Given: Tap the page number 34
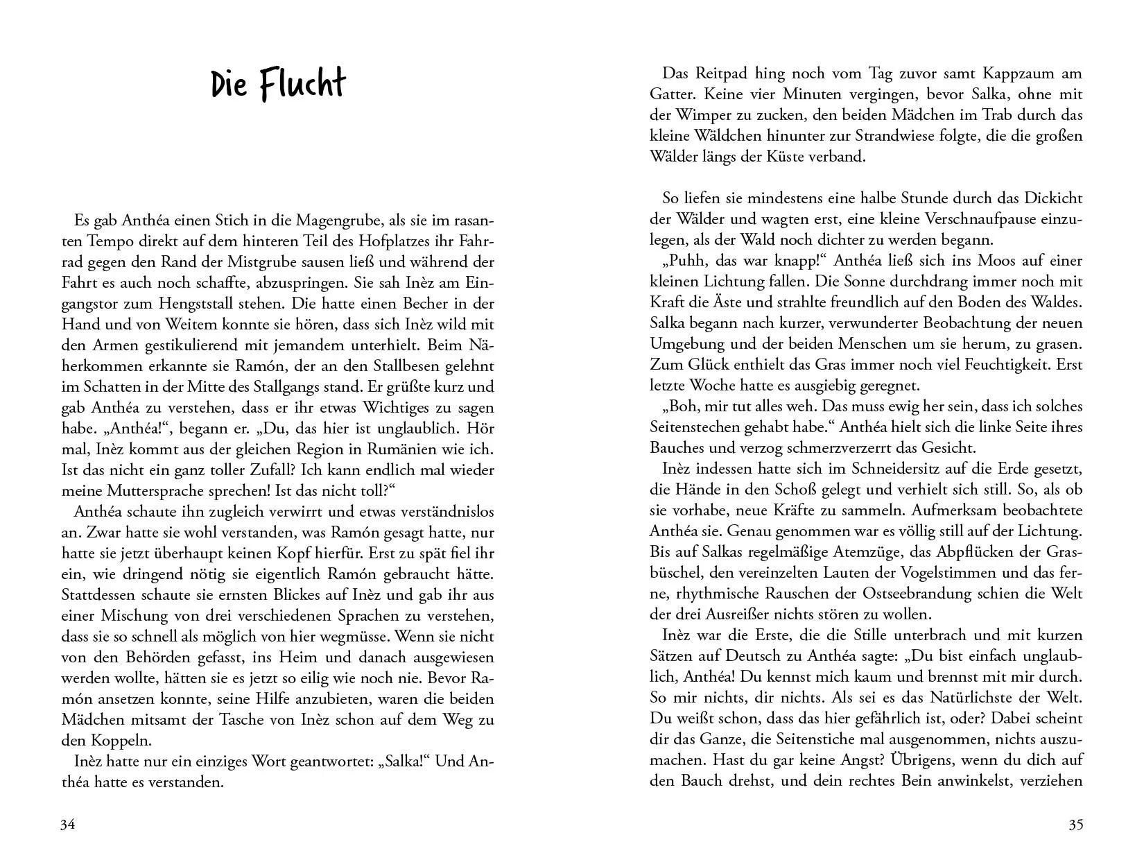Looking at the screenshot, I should click(x=68, y=825).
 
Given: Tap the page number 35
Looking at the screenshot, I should click(x=1075, y=825).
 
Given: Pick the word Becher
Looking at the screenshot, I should click(x=429, y=304).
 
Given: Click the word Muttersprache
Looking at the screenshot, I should click(x=167, y=491).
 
